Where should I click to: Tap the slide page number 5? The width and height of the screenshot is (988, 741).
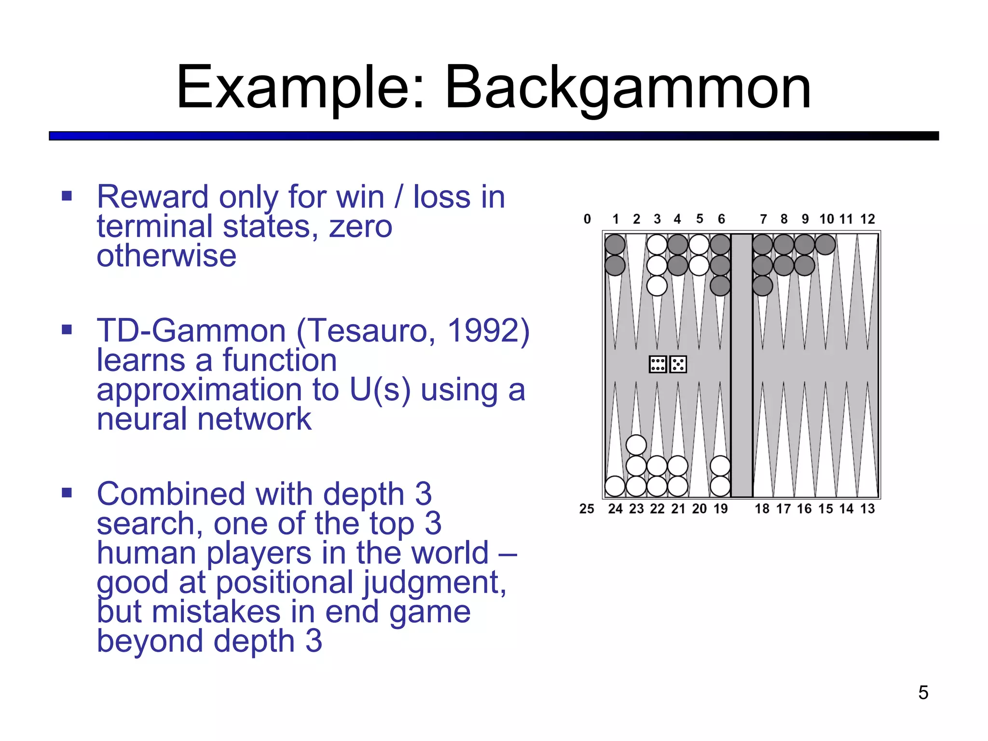[x=923, y=693]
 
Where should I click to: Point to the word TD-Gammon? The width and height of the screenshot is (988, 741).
[x=192, y=331]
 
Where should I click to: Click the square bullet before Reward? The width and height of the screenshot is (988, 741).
[x=67, y=196]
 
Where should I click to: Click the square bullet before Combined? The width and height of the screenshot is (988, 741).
[x=67, y=493]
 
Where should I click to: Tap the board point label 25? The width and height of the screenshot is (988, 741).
[x=587, y=508]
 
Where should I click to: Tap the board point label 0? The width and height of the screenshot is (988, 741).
[x=587, y=219]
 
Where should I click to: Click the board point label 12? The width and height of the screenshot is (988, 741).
[x=867, y=219]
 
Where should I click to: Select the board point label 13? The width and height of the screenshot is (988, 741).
[x=867, y=508]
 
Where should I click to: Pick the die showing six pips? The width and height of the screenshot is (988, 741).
[x=658, y=364]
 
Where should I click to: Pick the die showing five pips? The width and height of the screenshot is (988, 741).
[x=678, y=364]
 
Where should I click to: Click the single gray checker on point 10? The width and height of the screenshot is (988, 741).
[x=825, y=245]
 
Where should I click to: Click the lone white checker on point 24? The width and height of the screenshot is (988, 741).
[x=615, y=486]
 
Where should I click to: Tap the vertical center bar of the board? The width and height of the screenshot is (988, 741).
[x=741, y=365]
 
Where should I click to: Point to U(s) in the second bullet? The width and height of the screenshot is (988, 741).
[x=380, y=390]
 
